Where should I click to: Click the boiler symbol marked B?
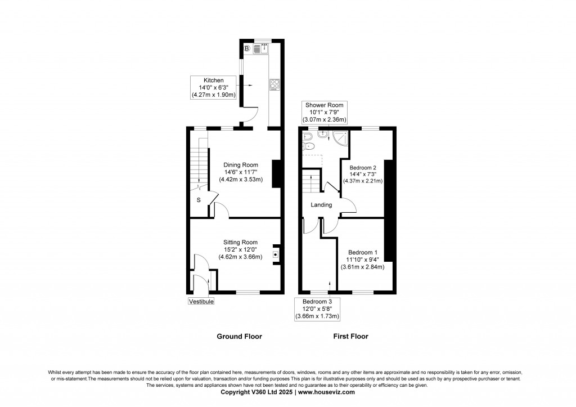tap(247, 48)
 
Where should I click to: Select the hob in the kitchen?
tap(274, 85)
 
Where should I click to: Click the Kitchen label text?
tap(213, 80)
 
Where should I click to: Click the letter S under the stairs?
tap(199, 200)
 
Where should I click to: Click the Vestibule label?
tap(201, 302)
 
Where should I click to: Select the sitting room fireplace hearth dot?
tap(274, 254)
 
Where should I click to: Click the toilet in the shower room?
tap(309, 146)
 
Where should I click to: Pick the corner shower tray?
tap(340, 137)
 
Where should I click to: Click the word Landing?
tap(321, 205)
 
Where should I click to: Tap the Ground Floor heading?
tap(239, 337)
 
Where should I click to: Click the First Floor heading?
tap(350, 337)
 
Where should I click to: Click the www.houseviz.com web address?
tap(326, 392)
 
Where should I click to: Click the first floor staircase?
tap(312, 181)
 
